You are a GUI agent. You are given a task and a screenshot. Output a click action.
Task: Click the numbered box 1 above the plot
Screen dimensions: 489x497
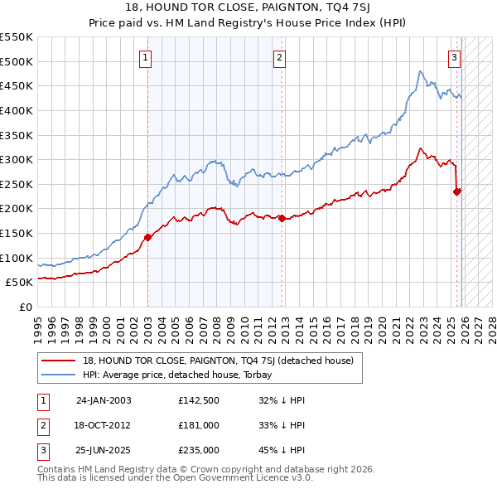tap(146, 58)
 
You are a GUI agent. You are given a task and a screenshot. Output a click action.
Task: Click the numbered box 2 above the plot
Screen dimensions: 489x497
tap(280, 58)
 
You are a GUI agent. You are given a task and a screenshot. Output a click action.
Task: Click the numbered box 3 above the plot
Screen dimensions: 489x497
tap(455, 58)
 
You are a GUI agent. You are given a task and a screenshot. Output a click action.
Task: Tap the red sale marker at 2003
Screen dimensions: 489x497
tap(148, 237)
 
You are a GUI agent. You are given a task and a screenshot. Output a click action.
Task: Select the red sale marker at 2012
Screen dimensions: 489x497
tap(282, 218)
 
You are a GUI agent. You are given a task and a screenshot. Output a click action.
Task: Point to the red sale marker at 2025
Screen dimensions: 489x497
tap(456, 191)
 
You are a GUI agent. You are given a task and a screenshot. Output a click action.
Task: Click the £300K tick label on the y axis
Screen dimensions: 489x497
tap(17, 159)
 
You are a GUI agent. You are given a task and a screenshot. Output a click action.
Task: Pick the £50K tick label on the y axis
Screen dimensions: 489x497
tap(20, 282)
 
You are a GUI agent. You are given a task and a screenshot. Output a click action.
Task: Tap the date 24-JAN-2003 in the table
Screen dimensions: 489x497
tap(104, 400)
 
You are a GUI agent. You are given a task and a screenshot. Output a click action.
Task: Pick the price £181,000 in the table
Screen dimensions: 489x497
tap(198, 425)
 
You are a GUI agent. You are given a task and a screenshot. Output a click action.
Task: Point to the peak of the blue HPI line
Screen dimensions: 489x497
tap(421, 71)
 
